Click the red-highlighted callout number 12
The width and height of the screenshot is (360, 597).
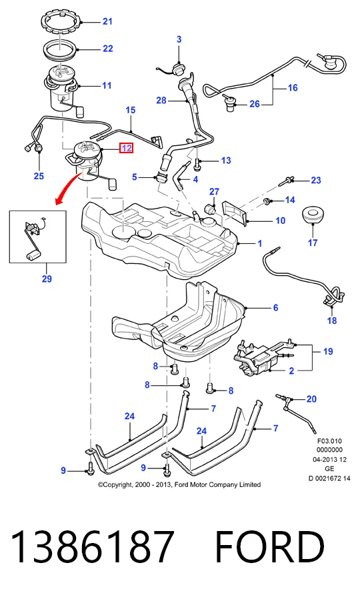[x=126, y=148]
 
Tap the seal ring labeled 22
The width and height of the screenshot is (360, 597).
[x=61, y=49]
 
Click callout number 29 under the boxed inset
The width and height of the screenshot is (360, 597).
[x=47, y=279]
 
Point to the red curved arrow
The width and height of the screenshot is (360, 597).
[x=67, y=187]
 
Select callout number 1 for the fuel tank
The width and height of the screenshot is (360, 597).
[x=260, y=243]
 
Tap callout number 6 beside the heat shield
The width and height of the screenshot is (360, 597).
[x=276, y=307]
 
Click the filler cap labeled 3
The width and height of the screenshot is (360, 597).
[x=178, y=69]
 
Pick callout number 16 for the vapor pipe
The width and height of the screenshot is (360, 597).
[x=293, y=88]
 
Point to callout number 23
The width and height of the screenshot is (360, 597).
[x=316, y=180]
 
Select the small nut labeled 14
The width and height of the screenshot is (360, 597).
[x=268, y=201]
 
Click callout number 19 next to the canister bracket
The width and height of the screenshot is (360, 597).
[x=328, y=351]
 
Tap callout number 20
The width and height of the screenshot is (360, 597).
[x=311, y=399]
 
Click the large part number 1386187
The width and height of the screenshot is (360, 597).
[x=93, y=547]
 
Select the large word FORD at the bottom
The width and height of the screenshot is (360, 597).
[x=270, y=547]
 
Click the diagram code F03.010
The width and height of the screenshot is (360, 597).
[x=329, y=442]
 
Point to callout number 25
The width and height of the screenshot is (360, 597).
[x=39, y=176]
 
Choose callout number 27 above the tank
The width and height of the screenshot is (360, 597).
[x=215, y=191]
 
